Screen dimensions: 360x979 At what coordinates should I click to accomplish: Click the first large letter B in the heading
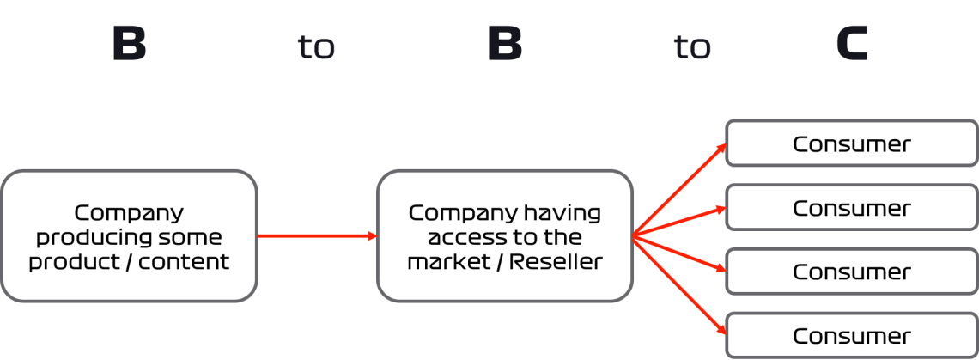click(129, 44)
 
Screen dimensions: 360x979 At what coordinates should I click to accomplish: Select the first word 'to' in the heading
click(316, 47)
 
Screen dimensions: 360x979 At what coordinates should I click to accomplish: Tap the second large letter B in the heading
click(505, 44)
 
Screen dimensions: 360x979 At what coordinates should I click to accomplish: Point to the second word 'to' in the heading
click(692, 47)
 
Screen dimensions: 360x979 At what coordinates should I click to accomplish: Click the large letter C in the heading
click(852, 44)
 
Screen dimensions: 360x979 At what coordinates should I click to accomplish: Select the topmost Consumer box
click(851, 143)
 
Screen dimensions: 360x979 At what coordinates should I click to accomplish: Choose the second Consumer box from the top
click(851, 208)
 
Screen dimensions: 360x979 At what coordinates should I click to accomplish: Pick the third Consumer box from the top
click(851, 272)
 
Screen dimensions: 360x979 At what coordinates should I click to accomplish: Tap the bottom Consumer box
click(851, 335)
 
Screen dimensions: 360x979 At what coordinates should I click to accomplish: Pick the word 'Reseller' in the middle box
click(556, 261)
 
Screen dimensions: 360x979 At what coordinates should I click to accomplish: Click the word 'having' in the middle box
click(562, 212)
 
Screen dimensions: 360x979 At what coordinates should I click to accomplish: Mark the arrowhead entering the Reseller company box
click(373, 236)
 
